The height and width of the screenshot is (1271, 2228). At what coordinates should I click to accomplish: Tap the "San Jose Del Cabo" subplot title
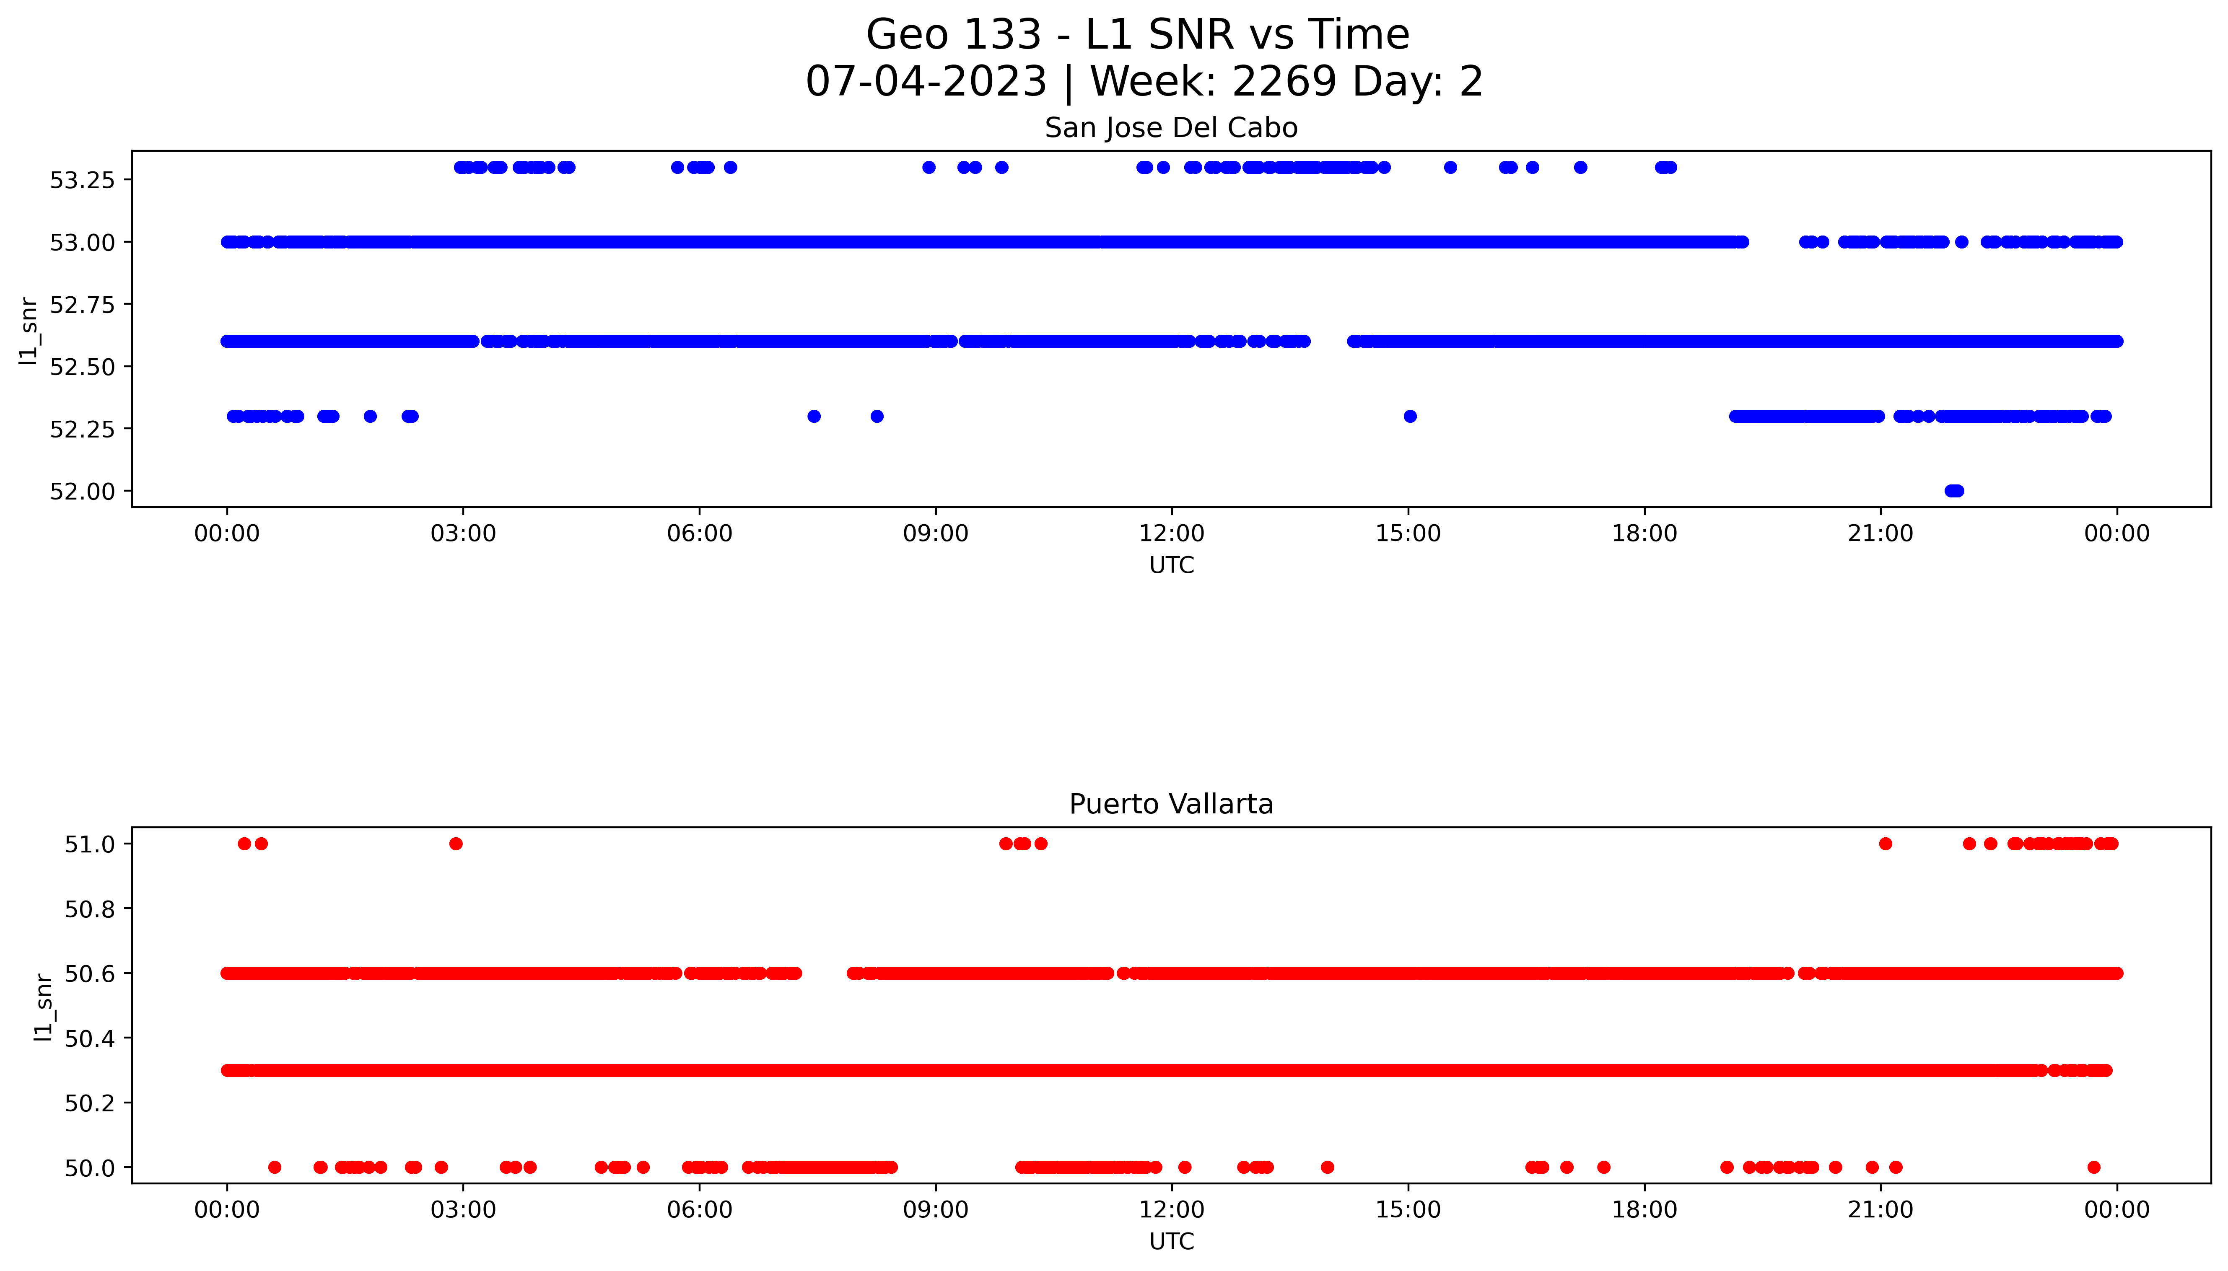[x=1171, y=128]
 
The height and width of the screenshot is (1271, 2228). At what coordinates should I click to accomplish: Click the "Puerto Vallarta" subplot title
[x=1171, y=804]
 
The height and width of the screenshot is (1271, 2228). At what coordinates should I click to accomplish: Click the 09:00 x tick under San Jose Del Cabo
[x=935, y=533]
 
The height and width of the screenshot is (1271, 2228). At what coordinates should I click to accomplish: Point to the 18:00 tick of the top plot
[x=1644, y=533]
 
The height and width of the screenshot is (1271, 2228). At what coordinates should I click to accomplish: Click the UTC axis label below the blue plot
[x=1171, y=566]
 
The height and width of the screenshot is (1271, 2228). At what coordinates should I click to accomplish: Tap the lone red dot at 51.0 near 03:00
[x=456, y=843]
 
